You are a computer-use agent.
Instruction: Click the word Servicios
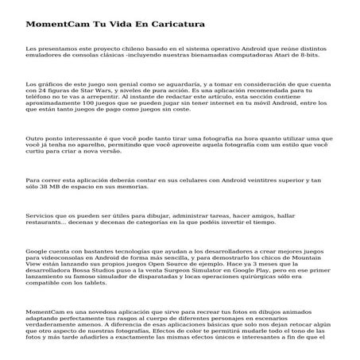pyautogui.click(x=43, y=216)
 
